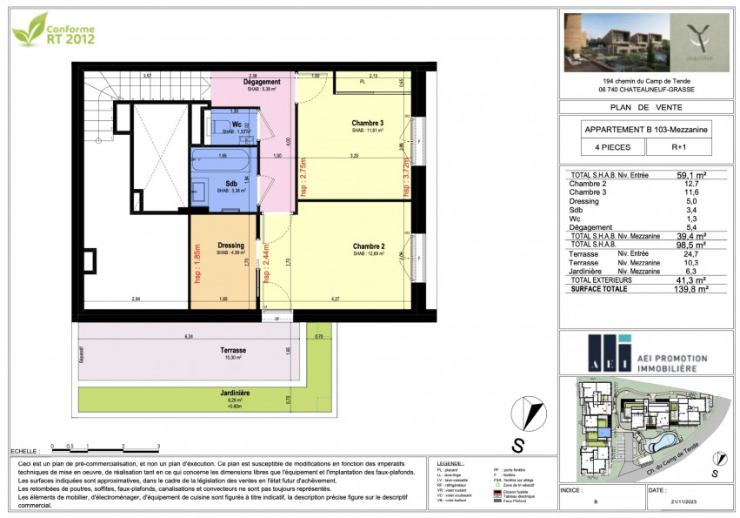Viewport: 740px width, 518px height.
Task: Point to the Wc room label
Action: (x=236, y=124)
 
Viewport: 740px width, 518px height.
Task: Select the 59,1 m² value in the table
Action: (x=691, y=174)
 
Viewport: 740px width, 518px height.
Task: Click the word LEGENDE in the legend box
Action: (x=450, y=463)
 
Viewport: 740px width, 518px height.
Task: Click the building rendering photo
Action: (x=610, y=42)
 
